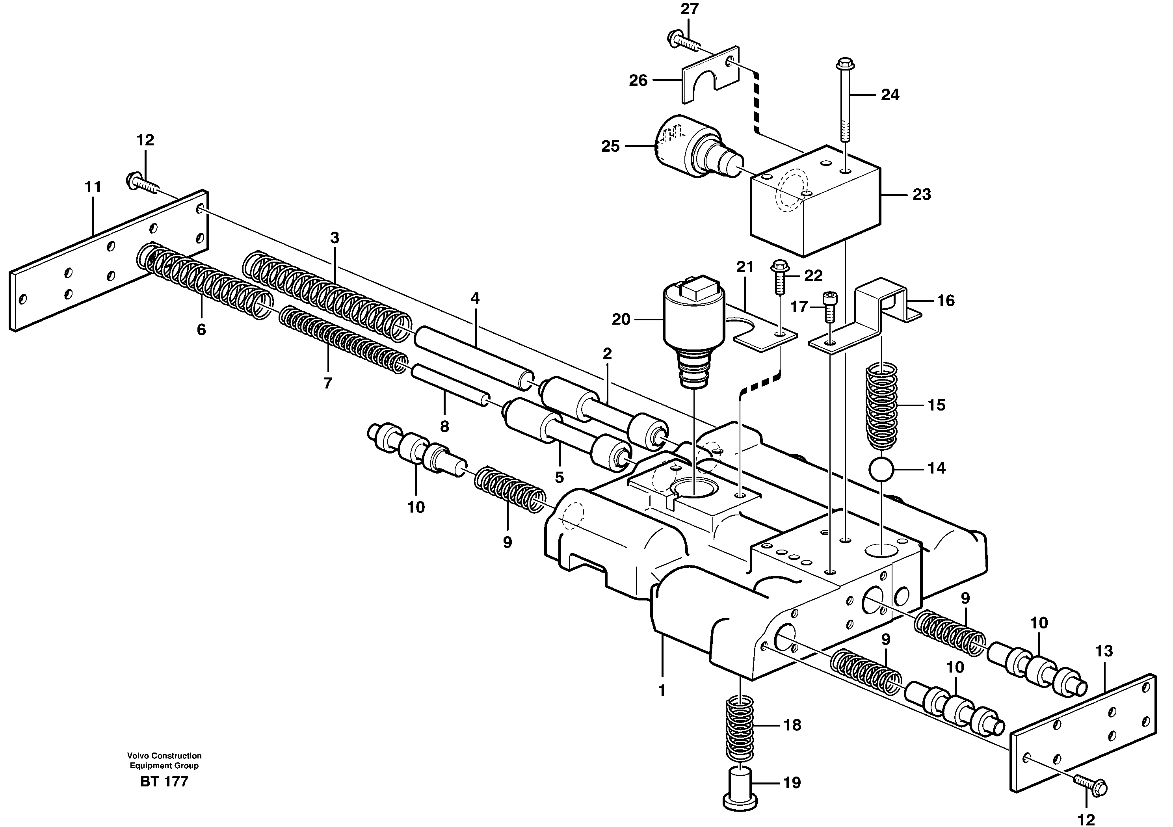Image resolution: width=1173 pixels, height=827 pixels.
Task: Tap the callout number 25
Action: [x=610, y=147]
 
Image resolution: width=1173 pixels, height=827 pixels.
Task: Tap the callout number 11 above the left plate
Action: [x=93, y=188]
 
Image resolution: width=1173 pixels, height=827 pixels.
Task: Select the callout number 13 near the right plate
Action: [x=1104, y=651]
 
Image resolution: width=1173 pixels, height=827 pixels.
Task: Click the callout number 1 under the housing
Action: [x=662, y=691]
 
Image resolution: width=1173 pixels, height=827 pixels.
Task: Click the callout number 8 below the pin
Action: [x=444, y=427]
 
